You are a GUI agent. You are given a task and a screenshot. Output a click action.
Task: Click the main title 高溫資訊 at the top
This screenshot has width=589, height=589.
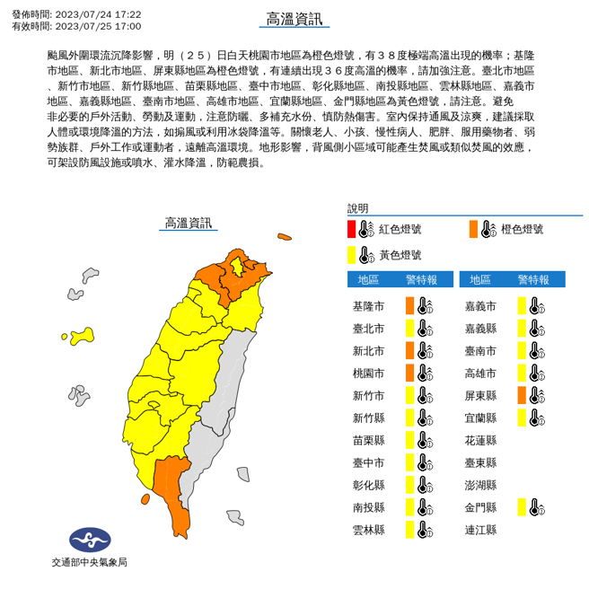click(294, 20)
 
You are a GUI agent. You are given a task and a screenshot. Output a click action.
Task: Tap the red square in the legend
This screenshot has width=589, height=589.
click(352, 228)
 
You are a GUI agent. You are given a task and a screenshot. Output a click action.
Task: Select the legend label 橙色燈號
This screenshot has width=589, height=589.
click(522, 229)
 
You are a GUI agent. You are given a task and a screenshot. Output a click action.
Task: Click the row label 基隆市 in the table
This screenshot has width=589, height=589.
click(368, 306)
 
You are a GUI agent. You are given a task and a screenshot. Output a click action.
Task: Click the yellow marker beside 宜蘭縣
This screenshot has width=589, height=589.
click(522, 418)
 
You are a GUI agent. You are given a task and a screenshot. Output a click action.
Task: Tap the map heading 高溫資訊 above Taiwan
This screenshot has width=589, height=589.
click(189, 222)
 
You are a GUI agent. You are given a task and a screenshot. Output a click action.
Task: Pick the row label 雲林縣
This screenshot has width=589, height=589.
click(368, 530)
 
